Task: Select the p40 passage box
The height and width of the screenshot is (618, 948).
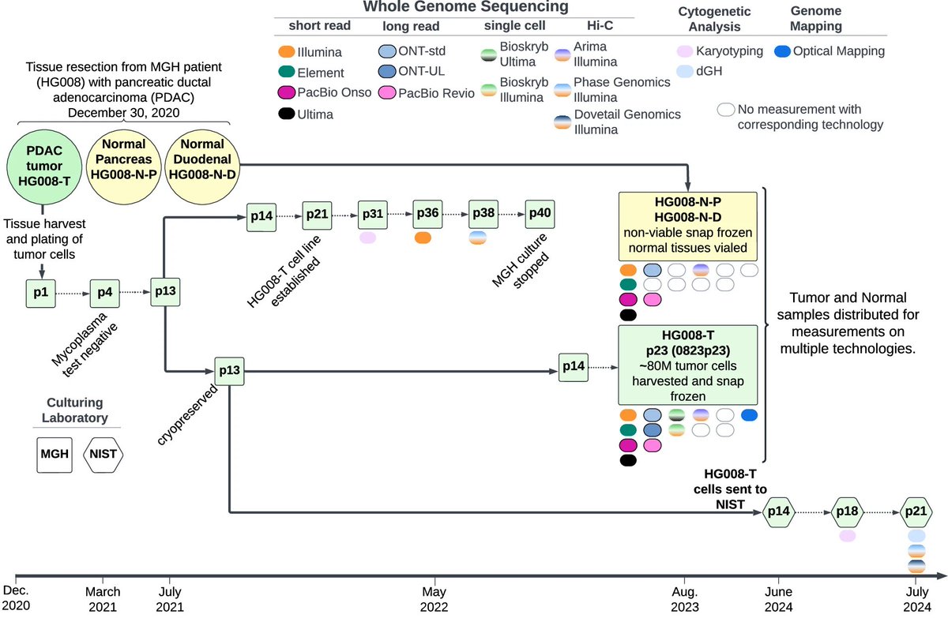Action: point(540,215)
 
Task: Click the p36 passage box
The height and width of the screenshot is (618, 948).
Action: point(428,215)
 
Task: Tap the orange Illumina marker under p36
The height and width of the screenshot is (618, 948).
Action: point(423,237)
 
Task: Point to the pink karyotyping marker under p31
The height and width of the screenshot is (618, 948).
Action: point(368,237)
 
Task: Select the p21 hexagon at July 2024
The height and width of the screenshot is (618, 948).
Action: point(916,513)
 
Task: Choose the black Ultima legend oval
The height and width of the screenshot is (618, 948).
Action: point(286,114)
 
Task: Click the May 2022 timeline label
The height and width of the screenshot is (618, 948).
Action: point(433,597)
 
